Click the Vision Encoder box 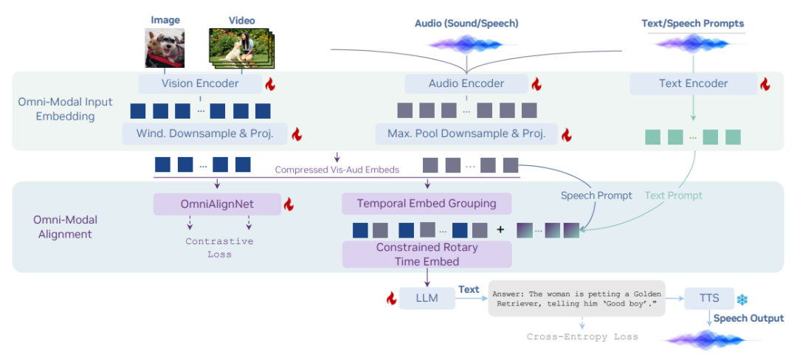200,83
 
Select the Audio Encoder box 466,83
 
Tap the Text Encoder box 693,83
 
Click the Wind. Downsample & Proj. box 204,134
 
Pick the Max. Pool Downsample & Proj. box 466,134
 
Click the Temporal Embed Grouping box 427,204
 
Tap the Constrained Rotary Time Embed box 427,254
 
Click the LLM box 427,297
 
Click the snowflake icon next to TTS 742,299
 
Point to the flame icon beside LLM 391,298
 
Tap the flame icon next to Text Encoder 765,84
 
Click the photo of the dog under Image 165,49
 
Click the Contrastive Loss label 219,247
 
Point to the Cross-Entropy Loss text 582,336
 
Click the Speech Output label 748,319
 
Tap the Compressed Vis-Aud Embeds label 337,170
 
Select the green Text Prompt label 673,195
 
